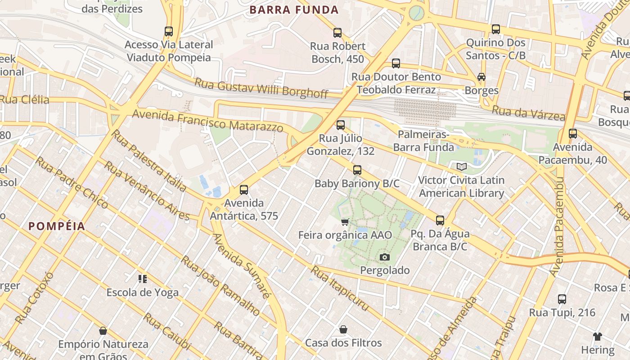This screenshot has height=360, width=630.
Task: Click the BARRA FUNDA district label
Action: pos(294,10)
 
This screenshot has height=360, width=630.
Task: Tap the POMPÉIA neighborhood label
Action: pos(57,226)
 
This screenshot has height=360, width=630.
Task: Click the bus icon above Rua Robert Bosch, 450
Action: pos(337,32)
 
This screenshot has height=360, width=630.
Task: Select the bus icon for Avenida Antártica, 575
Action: pos(244,189)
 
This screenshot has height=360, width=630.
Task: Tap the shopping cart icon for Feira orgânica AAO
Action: pos(345,221)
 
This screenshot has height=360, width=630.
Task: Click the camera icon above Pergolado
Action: pos(384,257)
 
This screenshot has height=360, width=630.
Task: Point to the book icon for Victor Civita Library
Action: pos(461,166)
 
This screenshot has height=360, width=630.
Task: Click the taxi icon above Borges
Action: pos(481,76)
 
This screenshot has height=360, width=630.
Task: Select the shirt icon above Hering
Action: pos(597,336)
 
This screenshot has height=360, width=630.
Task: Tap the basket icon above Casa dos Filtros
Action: pos(343,329)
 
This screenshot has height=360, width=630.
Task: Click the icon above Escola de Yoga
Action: pos(143,279)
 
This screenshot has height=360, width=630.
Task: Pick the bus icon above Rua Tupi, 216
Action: pos(562,299)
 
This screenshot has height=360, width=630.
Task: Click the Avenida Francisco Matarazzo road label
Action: pos(208,120)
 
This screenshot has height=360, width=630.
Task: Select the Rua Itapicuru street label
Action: pos(340,288)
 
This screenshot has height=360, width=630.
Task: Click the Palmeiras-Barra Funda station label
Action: pos(423,141)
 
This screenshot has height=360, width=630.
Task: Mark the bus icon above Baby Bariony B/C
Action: pos(357,170)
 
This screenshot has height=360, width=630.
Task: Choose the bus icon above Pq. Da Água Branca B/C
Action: pos(440,220)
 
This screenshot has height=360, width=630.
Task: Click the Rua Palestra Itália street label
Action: pos(148,161)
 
